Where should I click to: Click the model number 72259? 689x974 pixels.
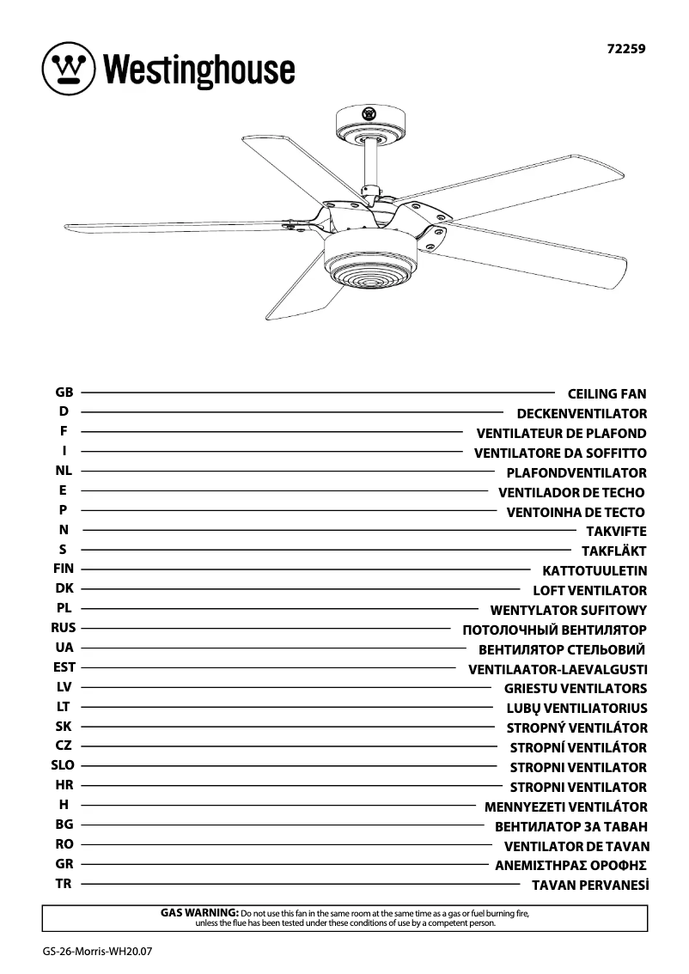pyautogui.click(x=625, y=49)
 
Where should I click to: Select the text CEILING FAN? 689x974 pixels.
pyautogui.click(x=607, y=394)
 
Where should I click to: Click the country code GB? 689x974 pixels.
pyautogui.click(x=64, y=393)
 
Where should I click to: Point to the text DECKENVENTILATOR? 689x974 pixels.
pyautogui.click(x=582, y=414)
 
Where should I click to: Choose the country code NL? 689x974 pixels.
pyautogui.click(x=64, y=471)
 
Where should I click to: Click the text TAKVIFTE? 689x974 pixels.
pyautogui.click(x=616, y=532)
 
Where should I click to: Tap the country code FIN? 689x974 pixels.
pyautogui.click(x=64, y=569)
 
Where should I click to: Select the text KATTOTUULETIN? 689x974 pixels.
pyautogui.click(x=594, y=571)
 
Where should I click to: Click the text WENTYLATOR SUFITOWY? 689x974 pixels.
pyautogui.click(x=568, y=611)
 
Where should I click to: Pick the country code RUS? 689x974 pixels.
pyautogui.click(x=64, y=628)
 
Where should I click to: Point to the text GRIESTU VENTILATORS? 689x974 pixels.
pyautogui.click(x=576, y=689)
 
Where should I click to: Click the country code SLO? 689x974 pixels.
pyautogui.click(x=64, y=765)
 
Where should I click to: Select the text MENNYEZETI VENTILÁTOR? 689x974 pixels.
pyautogui.click(x=565, y=807)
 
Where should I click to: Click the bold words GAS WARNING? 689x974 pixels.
pyautogui.click(x=199, y=911)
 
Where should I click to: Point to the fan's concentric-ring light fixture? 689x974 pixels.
pyautogui.click(x=364, y=273)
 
